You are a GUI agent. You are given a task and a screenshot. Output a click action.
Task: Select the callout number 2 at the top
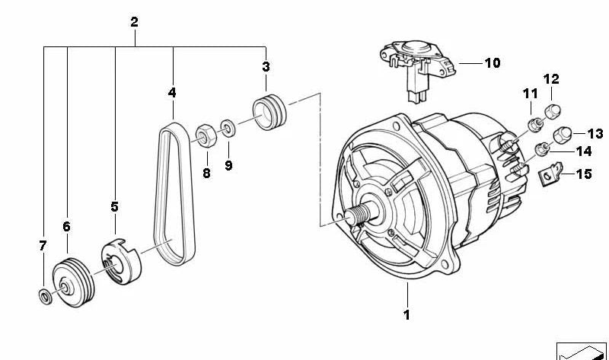(134, 22)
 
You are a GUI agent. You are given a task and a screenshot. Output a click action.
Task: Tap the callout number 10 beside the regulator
(492, 63)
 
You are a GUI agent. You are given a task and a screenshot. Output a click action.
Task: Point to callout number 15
(583, 174)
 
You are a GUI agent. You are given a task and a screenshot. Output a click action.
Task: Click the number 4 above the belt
(172, 93)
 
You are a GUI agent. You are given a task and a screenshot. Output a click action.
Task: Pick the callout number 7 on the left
(43, 245)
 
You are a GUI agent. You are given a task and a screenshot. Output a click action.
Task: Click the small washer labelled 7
(44, 295)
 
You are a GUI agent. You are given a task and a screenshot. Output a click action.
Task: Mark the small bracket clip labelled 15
(547, 177)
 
